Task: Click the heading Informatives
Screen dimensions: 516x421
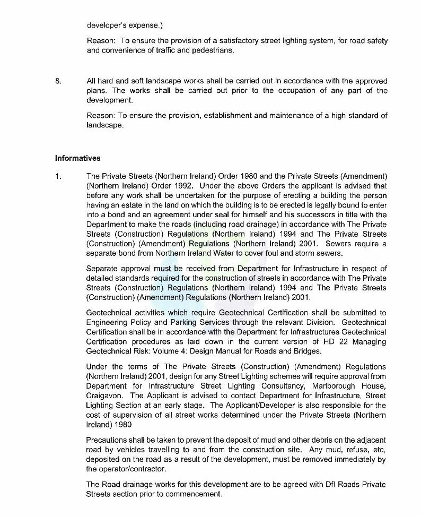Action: pos(77,158)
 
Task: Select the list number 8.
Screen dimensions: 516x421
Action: pos(58,81)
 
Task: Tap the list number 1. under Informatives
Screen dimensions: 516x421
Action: pos(58,176)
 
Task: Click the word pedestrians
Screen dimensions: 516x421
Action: pos(213,50)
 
